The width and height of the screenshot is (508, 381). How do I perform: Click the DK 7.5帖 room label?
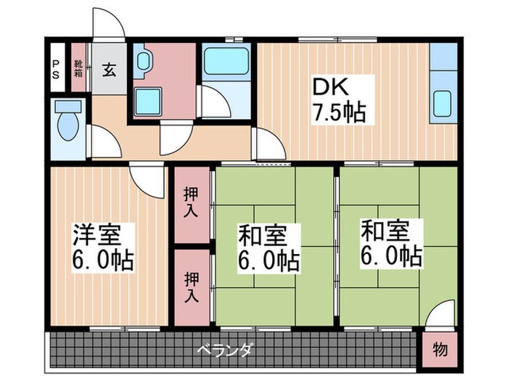coord(338,100)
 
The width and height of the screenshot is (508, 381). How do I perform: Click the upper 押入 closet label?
coord(190,202)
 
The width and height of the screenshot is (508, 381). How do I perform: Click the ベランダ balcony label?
coord(224,350)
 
